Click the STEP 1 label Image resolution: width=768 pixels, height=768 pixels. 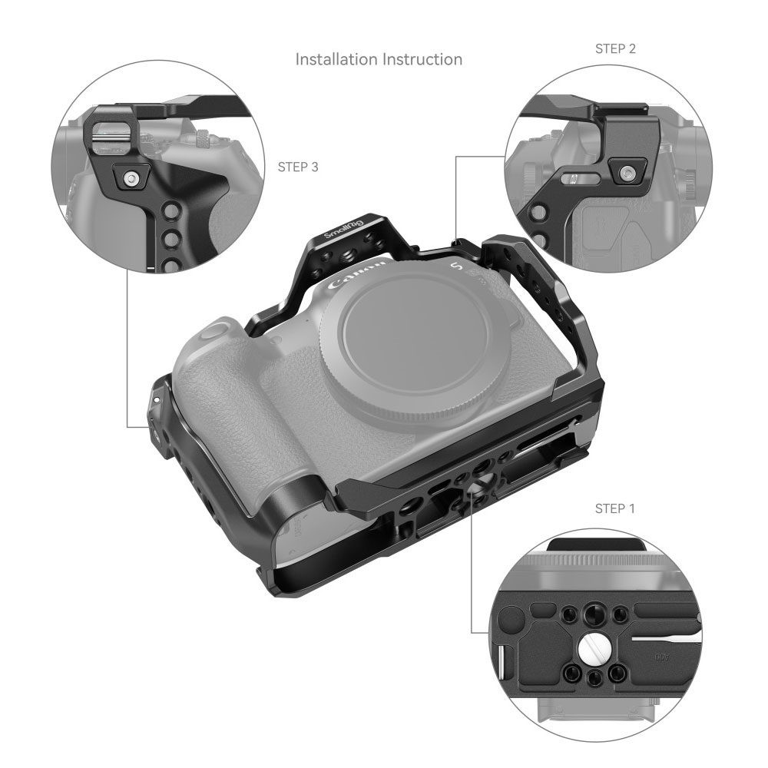point(614,509)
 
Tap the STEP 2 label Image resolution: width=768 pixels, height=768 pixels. point(615,49)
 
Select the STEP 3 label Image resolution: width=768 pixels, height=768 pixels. point(298,167)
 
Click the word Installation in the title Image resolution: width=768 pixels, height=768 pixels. point(336,59)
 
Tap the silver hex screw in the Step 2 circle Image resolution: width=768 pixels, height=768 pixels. point(626,172)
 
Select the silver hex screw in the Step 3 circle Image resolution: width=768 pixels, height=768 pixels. point(131,178)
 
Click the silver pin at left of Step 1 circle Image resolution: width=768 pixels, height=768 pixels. point(502,662)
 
